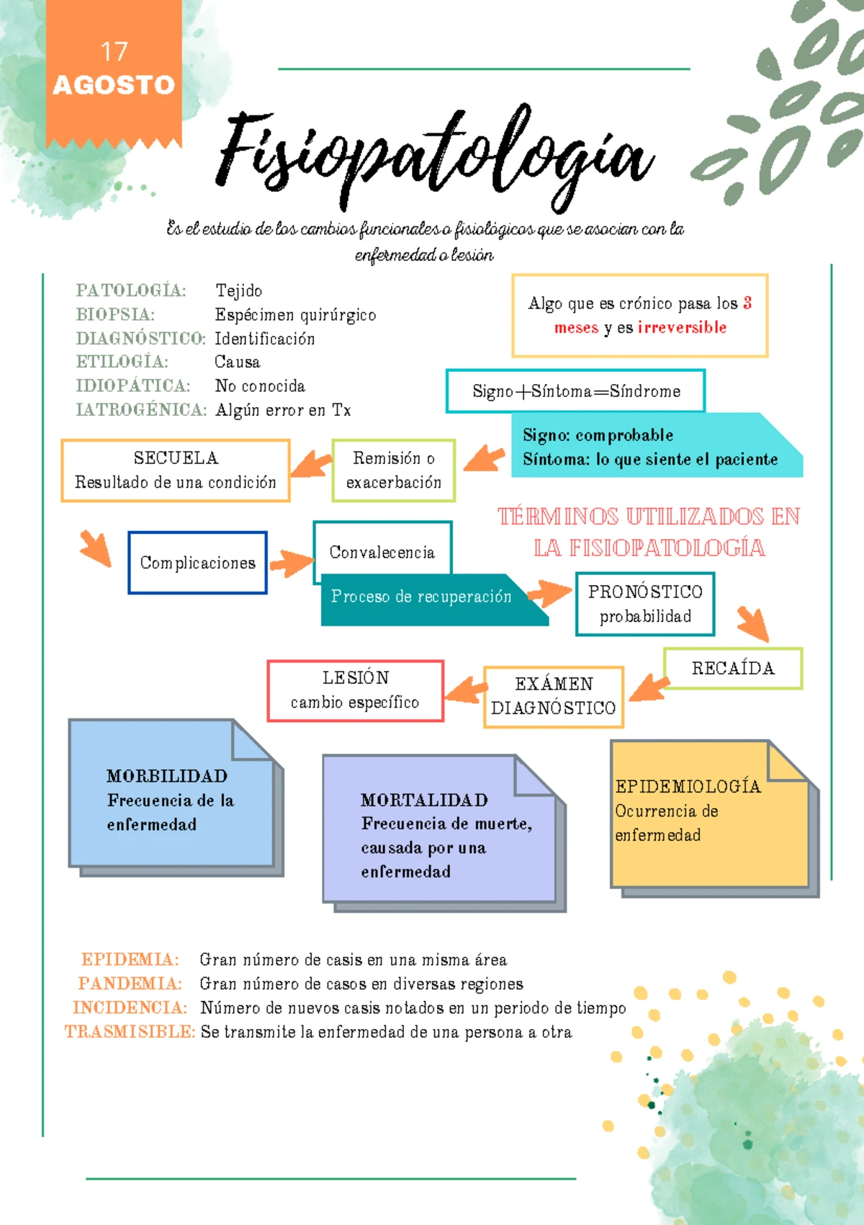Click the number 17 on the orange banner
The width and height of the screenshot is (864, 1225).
point(114,52)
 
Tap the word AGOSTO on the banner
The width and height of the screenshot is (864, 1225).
point(114,85)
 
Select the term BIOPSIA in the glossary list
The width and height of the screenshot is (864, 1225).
point(114,314)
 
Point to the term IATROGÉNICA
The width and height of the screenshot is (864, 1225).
point(141,409)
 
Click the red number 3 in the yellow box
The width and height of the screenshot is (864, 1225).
point(747,303)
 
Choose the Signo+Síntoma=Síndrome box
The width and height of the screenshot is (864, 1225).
point(575,391)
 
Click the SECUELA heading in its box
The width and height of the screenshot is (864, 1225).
point(176,458)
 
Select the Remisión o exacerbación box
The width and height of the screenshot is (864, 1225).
point(393,471)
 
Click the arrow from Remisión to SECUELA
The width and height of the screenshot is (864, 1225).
point(311,464)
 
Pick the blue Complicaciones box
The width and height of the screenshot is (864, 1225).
point(197,562)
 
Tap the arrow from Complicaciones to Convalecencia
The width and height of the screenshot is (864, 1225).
point(292,563)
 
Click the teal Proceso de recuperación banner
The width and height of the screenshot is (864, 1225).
point(434,600)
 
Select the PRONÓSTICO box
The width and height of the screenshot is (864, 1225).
point(645,604)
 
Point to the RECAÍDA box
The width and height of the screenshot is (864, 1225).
point(733,668)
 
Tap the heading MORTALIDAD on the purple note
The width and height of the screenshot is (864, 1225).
point(424,800)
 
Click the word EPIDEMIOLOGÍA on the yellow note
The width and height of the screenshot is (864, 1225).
point(688,786)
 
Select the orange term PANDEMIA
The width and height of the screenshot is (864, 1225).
point(130,984)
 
